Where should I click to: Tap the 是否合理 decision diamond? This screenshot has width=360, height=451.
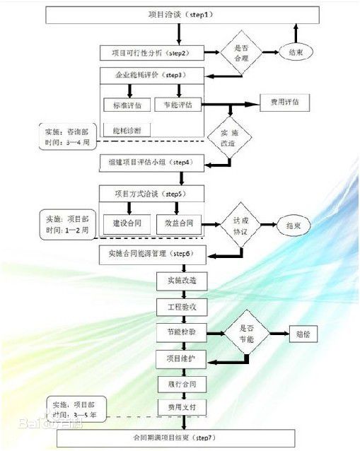pos(237,53)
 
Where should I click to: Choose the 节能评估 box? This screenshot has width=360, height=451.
pos(178,105)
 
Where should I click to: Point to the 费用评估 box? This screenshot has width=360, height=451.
pos(284,102)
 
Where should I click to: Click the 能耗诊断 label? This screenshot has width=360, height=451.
pos(127,130)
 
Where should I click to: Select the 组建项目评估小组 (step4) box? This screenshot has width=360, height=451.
pos(152,163)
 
